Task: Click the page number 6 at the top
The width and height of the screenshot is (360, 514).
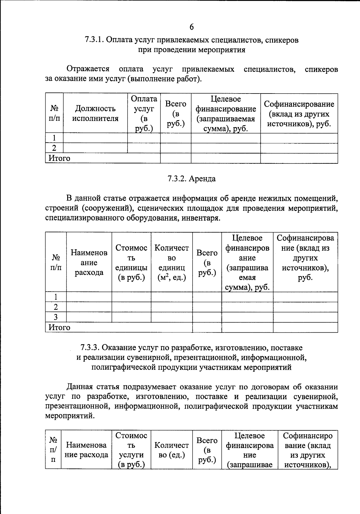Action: coord(191,27)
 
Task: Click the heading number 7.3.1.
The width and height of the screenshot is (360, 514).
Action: coord(94,40)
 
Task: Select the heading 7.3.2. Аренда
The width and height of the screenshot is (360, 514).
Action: coord(191,179)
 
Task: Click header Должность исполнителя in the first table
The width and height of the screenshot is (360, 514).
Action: coord(95,113)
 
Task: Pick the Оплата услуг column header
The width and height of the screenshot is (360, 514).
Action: coord(144,113)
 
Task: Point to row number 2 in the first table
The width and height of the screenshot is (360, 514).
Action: coord(54,148)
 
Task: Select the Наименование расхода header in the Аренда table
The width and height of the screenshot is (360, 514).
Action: coord(89,263)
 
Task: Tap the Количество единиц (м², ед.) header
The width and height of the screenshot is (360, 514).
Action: coord(172,263)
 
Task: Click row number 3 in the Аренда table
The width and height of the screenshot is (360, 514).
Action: coord(55,317)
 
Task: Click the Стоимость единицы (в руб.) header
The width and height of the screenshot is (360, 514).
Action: coord(131,263)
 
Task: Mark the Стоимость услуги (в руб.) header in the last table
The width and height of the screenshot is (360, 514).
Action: coord(131,450)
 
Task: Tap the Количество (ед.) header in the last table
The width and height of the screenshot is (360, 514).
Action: coord(172,450)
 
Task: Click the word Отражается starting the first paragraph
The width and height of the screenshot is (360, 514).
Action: coord(88,69)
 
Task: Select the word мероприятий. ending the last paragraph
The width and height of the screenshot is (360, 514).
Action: coord(70,416)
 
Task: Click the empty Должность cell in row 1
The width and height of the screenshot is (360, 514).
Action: coord(95,138)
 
